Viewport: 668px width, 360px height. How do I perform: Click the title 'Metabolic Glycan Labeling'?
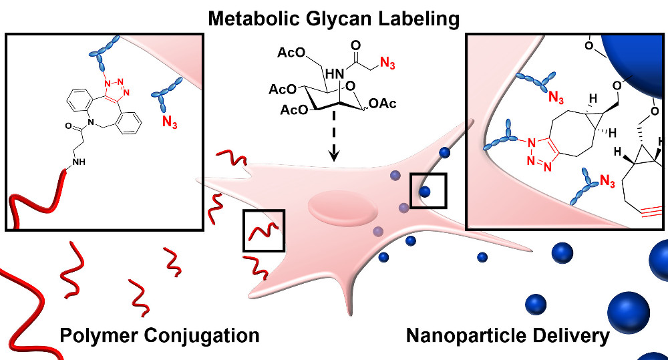[334, 17]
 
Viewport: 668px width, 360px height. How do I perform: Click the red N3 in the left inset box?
[172, 122]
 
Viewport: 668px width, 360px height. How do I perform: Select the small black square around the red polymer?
[264, 230]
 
